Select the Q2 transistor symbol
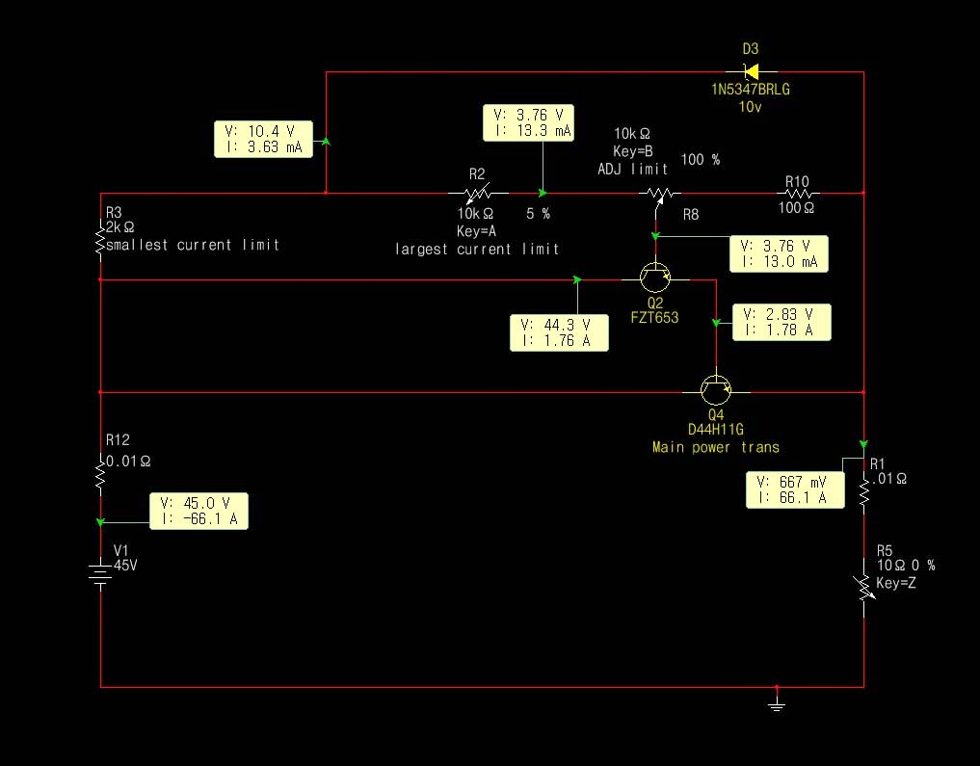(655, 278)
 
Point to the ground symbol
(777, 703)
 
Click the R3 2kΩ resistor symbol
(100, 240)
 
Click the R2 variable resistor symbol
(476, 194)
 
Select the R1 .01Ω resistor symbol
(863, 494)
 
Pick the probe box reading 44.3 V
(559, 331)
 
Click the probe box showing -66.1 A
(199, 511)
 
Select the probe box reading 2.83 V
(781, 322)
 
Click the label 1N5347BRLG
(751, 90)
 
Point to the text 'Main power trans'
(715, 447)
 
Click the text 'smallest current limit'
(193, 245)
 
